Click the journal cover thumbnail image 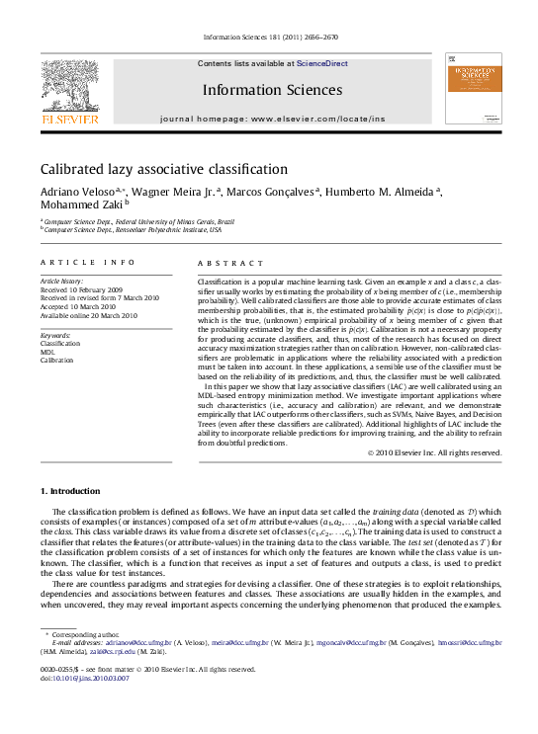pos(473,88)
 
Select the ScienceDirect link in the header pos(322,63)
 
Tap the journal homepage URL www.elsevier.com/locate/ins pos(317,118)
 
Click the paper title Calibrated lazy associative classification pos(163,169)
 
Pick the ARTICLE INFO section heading pos(88,263)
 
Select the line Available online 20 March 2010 pos(89,316)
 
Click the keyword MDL pos(47,352)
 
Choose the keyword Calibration pos(56,361)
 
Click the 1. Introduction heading pos(70,491)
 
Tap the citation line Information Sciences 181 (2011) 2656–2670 pos(269,37)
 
